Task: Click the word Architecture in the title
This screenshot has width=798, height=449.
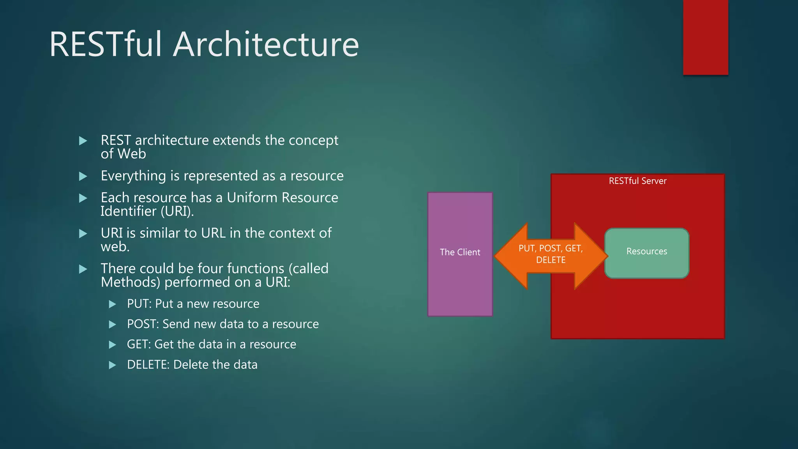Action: (x=266, y=44)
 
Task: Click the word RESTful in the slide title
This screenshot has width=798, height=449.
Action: (x=105, y=44)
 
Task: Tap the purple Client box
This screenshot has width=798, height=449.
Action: (x=460, y=281)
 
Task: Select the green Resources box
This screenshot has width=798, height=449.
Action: (x=647, y=265)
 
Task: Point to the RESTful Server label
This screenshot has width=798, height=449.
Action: (x=637, y=181)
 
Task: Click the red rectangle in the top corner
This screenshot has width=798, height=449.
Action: (x=705, y=37)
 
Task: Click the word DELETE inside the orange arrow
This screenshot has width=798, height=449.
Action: (x=551, y=260)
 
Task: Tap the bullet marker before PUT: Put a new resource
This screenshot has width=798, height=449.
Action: (x=112, y=304)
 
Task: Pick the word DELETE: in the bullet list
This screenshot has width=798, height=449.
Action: (x=148, y=365)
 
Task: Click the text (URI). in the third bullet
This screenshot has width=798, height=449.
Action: (x=177, y=211)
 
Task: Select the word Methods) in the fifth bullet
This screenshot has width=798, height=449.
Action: (x=130, y=282)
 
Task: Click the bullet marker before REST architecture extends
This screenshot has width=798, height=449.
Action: (x=83, y=141)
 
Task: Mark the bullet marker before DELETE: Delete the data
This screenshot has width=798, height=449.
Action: (x=112, y=365)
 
